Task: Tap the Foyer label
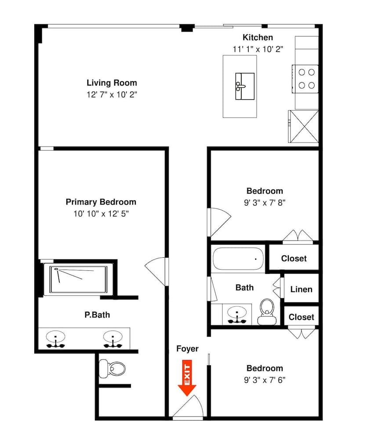[x=187, y=349]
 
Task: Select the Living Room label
[x=112, y=83]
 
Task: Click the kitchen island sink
[x=245, y=86]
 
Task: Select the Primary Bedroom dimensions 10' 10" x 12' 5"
[x=101, y=214]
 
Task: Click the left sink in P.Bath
[x=56, y=339]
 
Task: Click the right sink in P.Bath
[x=113, y=339]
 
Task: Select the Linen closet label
[x=301, y=289]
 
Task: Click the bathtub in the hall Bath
[x=238, y=259]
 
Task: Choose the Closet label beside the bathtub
[x=294, y=259]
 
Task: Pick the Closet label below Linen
[x=301, y=317]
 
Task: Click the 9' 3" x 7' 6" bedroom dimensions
[x=265, y=380]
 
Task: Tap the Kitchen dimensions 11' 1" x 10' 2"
[x=257, y=49]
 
